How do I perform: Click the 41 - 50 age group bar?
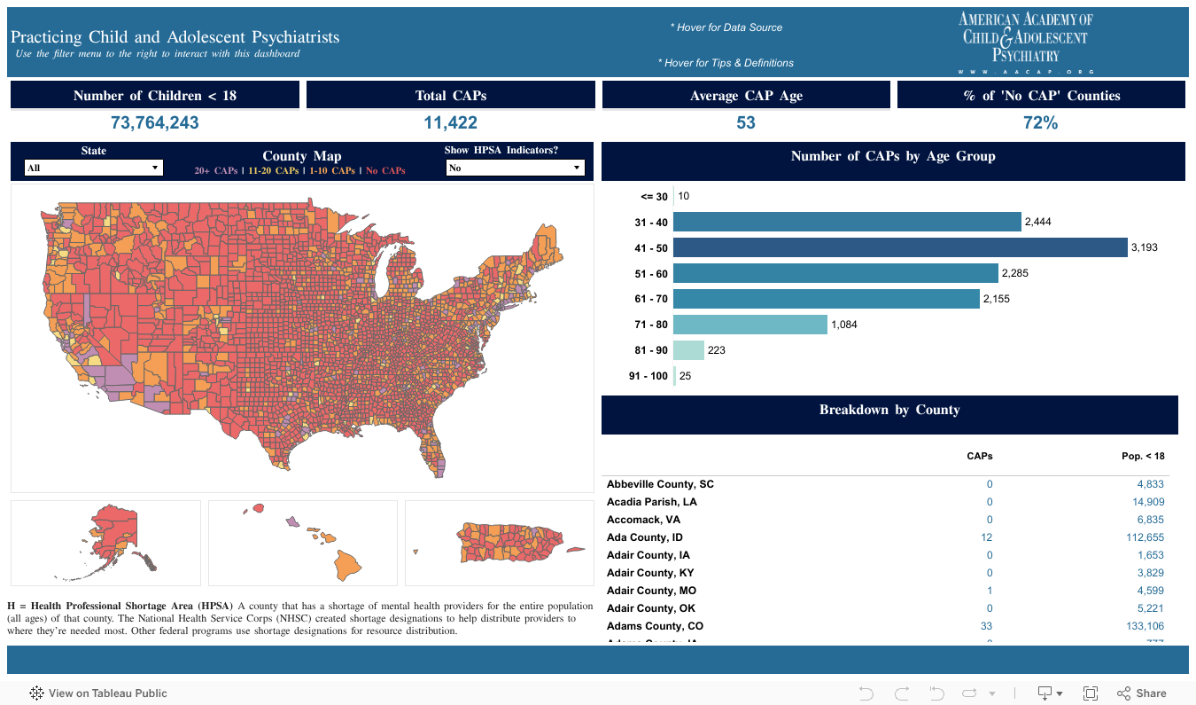(x=899, y=247)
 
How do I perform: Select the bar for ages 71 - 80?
(x=749, y=325)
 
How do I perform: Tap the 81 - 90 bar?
(x=688, y=350)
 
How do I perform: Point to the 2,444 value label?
(x=1037, y=223)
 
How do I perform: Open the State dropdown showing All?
(x=93, y=168)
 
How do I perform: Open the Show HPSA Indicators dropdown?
(x=515, y=168)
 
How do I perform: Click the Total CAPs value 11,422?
(x=450, y=123)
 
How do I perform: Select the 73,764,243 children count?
(x=155, y=123)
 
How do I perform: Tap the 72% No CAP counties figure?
(x=1040, y=123)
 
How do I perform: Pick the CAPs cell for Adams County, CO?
(x=990, y=626)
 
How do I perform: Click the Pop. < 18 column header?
(x=1143, y=456)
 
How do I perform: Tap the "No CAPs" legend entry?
(x=385, y=170)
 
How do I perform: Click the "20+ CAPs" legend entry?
(x=215, y=170)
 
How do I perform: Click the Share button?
(x=1142, y=693)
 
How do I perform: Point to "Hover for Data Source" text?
(x=726, y=27)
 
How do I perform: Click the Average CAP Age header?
(x=746, y=96)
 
